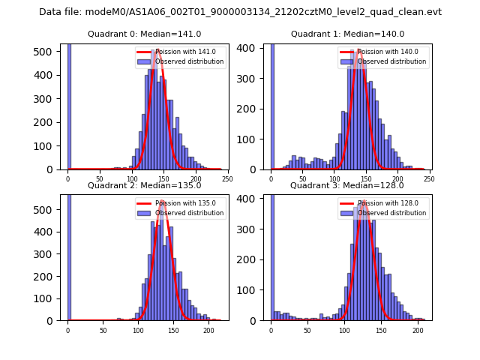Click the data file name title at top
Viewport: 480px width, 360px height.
240,12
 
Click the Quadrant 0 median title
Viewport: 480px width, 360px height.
145,34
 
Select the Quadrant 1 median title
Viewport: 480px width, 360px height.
347,34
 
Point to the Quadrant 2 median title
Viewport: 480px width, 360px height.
145,185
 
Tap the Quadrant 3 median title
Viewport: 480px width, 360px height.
347,185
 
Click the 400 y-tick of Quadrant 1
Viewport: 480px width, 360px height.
250,48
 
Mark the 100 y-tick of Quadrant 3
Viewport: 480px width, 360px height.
250,290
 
